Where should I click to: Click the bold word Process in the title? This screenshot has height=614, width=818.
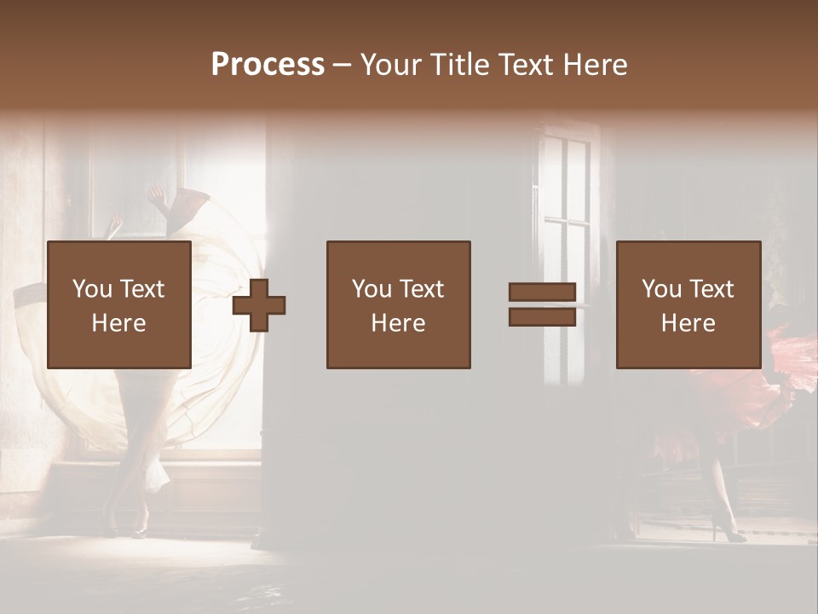pyautogui.click(x=268, y=65)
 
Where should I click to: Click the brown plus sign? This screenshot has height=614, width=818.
pyautogui.click(x=259, y=305)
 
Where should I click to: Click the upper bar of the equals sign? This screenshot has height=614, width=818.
pyautogui.click(x=542, y=293)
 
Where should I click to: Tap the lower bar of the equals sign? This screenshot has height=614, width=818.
pyautogui.click(x=542, y=317)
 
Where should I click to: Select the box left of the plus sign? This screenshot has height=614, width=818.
pyautogui.click(x=119, y=304)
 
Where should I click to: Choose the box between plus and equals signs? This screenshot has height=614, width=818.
pyautogui.click(x=398, y=304)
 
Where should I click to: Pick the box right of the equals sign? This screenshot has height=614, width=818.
pyautogui.click(x=688, y=304)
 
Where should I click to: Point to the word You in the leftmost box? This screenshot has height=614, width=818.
pyautogui.click(x=91, y=289)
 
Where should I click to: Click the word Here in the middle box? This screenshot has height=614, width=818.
pyautogui.click(x=398, y=323)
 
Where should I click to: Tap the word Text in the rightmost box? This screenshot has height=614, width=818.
pyautogui.click(x=713, y=289)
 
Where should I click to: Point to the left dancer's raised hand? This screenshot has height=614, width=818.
pyautogui.click(x=157, y=196)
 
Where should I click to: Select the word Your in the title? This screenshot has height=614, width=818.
pyautogui.click(x=392, y=65)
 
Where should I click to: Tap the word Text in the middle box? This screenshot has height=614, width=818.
pyautogui.click(x=423, y=289)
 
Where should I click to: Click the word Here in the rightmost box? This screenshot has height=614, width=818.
pyautogui.click(x=688, y=323)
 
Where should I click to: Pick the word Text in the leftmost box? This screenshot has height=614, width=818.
pyautogui.click(x=143, y=289)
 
